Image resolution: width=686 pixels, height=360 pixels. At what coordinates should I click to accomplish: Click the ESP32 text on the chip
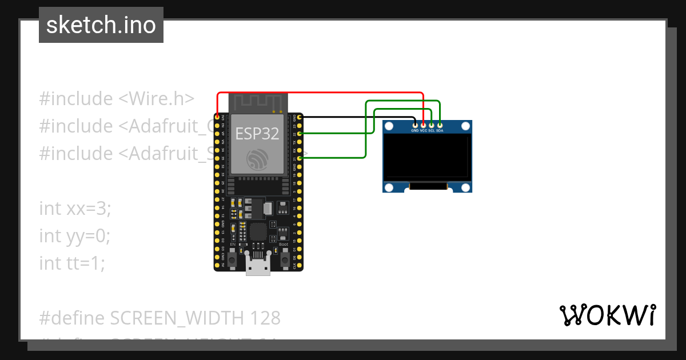tap(257, 134)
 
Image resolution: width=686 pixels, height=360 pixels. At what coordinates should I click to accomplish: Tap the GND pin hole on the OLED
tap(415, 125)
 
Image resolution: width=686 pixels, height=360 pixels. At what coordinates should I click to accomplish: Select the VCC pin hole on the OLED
tap(423, 125)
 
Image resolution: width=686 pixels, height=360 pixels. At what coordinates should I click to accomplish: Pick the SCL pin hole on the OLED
tap(432, 125)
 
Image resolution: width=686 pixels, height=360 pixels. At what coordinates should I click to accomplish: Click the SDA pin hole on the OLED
tap(440, 125)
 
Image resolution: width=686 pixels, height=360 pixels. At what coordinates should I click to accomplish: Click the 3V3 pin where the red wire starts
tap(217, 117)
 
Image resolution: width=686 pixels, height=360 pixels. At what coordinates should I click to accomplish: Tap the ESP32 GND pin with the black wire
tap(299, 117)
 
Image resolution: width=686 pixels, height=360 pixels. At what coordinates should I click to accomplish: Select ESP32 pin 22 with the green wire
tap(299, 133)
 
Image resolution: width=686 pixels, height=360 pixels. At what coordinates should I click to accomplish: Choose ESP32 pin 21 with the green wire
tap(299, 158)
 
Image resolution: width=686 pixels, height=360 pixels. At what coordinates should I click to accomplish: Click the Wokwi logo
tap(607, 315)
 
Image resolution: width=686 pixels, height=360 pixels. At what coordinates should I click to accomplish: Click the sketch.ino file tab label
tap(101, 25)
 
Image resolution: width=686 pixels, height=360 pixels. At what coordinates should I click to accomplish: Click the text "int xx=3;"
tap(75, 208)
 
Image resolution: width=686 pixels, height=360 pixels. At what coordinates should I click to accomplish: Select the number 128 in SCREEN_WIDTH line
tap(263, 318)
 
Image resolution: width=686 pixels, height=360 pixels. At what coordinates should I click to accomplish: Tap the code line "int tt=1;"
tap(72, 263)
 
